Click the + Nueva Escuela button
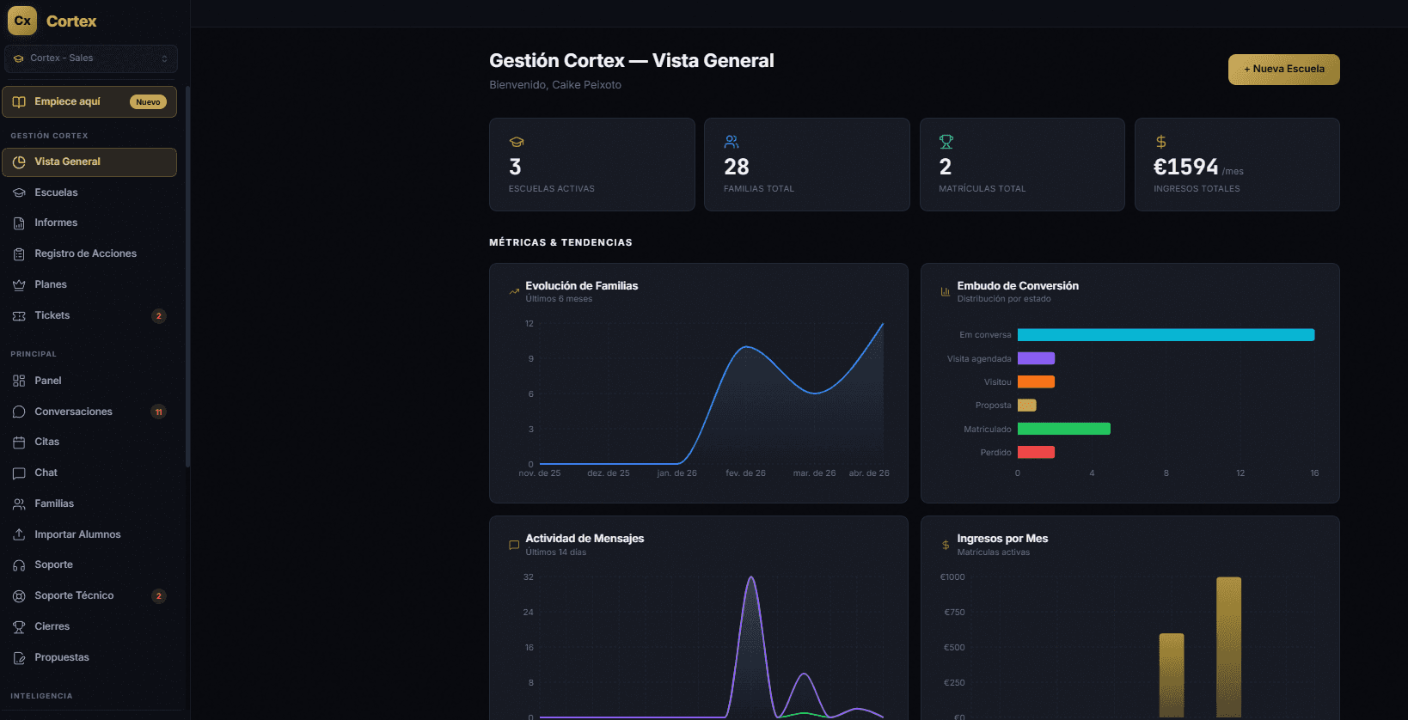pos(1283,70)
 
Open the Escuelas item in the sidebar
pos(56,192)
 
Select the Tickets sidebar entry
pos(52,315)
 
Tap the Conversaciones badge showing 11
pos(158,412)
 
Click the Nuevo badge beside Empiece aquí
pos(148,102)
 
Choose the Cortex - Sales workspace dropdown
pos(90,58)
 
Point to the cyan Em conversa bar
pos(1165,335)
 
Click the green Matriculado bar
pos(1063,429)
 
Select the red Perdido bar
pos(1036,453)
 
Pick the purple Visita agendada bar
pos(1036,358)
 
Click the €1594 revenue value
pos(1185,167)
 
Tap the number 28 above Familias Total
pos(736,167)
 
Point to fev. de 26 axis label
pos(745,473)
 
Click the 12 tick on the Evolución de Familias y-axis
pos(530,324)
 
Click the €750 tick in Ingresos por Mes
pos(954,613)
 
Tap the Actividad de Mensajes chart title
pos(585,539)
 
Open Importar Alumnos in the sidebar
pos(77,534)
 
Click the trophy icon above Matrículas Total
pos(946,142)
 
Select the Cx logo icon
pos(22,21)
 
